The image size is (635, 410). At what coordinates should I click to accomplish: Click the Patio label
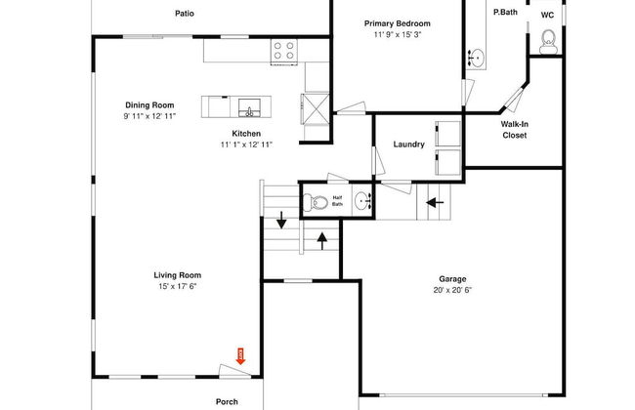point(183,14)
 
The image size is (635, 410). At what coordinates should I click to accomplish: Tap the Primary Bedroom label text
point(397,23)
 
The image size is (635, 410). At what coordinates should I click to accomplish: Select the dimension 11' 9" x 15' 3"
point(397,35)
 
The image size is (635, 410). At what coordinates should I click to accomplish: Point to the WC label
point(547,15)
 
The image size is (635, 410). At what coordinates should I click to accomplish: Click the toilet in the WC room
point(548,39)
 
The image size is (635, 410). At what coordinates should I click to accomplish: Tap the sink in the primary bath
point(477,58)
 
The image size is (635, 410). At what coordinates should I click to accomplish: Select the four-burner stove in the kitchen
point(285,51)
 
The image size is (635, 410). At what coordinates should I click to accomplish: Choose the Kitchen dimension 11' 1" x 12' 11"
point(245,144)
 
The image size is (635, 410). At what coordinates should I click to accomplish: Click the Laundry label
point(408,144)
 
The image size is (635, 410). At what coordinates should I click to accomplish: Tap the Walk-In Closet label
point(514,130)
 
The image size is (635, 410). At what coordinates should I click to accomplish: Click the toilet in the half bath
point(313,204)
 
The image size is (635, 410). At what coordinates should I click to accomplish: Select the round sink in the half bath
point(362,203)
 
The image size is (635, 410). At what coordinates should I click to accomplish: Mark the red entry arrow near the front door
point(240,356)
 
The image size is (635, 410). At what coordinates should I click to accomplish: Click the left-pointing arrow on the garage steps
point(434,203)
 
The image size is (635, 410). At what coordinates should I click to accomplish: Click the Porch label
point(227,400)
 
